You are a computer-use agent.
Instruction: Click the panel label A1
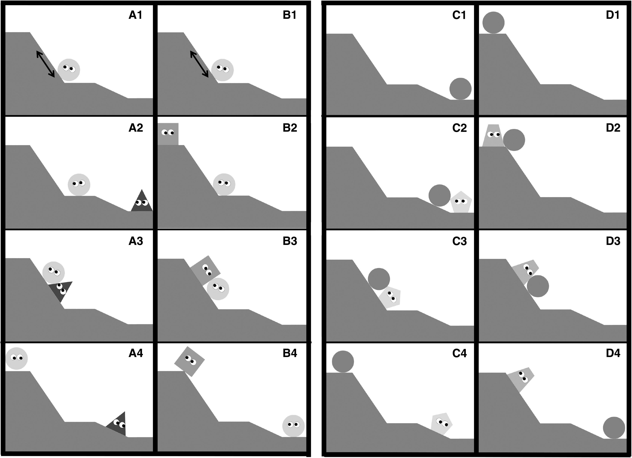pyautogui.click(x=135, y=15)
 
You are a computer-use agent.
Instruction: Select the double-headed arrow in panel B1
pyautogui.click(x=199, y=64)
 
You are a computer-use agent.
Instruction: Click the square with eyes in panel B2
pyautogui.click(x=168, y=134)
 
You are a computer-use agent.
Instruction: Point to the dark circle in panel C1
pyautogui.click(x=460, y=89)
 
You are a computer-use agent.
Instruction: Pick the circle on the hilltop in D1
pyautogui.click(x=494, y=23)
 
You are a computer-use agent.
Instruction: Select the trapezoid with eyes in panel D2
pyautogui.click(x=494, y=135)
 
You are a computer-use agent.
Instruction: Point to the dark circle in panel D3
pyautogui.click(x=538, y=286)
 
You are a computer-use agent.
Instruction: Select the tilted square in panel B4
pyautogui.click(x=189, y=362)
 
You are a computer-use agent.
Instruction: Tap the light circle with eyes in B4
pyautogui.click(x=293, y=426)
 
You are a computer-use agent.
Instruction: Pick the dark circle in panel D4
pyautogui.click(x=614, y=428)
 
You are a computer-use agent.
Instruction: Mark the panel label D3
pyautogui.click(x=613, y=241)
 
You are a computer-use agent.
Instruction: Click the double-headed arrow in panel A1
pyautogui.click(x=45, y=64)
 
